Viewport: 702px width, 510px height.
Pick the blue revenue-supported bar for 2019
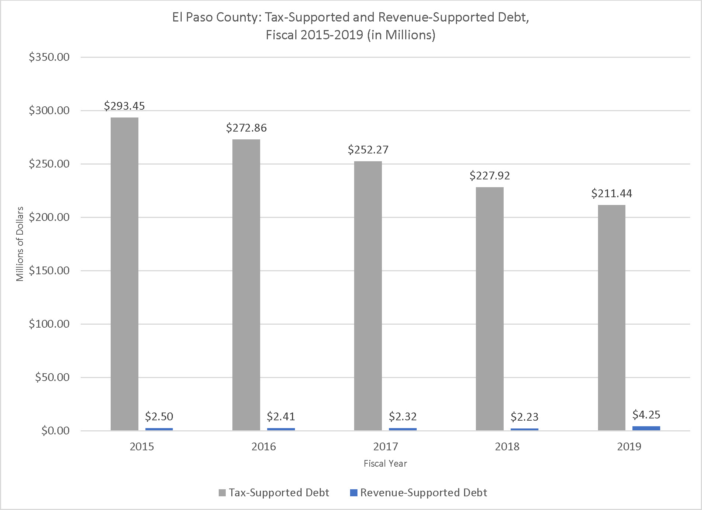[646, 428]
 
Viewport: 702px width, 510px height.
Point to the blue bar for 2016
[281, 429]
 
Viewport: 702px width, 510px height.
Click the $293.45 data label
[124, 106]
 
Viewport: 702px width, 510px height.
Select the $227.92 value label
[490, 176]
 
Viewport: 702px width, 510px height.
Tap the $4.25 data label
[646, 415]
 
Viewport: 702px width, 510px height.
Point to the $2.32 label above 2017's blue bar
[403, 417]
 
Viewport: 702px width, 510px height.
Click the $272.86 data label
[246, 128]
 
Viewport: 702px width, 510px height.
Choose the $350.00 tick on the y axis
[49, 57]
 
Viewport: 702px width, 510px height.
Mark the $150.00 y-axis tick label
[49, 271]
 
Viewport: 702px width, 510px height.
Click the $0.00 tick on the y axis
[55, 431]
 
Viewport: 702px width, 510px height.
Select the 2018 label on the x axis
[507, 447]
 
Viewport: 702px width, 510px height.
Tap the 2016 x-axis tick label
[263, 447]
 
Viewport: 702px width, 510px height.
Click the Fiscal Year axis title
[385, 464]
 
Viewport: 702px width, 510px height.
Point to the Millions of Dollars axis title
[20, 244]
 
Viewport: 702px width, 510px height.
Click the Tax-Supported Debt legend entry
[274, 493]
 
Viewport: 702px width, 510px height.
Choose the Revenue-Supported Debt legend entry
[419, 493]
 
